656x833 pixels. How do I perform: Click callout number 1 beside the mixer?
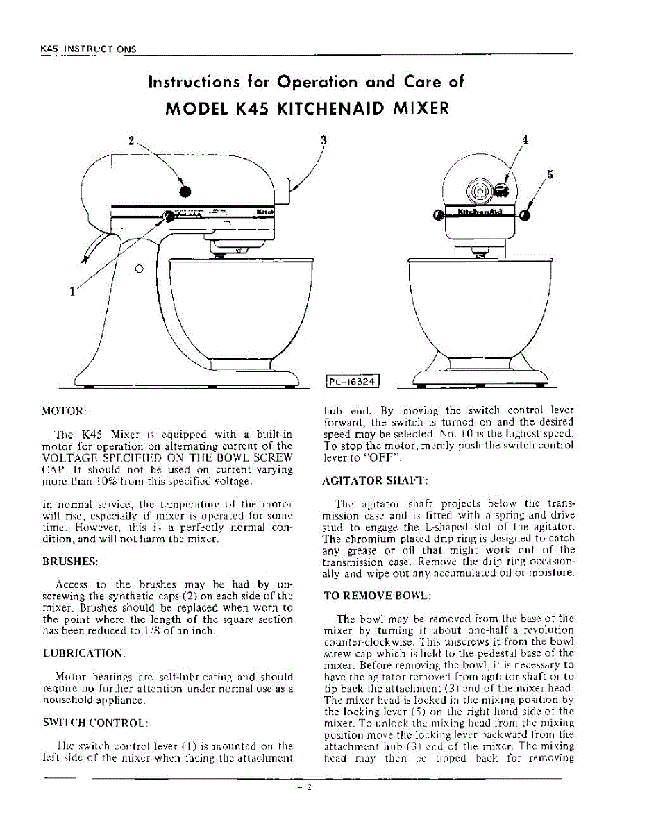click(72, 291)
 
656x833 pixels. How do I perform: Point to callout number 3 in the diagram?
click(323, 139)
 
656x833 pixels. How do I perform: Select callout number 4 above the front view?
click(525, 139)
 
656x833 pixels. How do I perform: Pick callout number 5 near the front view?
click(550, 175)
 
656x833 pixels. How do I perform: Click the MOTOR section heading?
click(65, 411)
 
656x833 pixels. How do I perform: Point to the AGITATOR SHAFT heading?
click(376, 480)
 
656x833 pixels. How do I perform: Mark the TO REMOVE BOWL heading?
click(378, 596)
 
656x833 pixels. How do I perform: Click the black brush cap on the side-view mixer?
click(184, 191)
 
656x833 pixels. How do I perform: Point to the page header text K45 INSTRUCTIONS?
click(87, 49)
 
